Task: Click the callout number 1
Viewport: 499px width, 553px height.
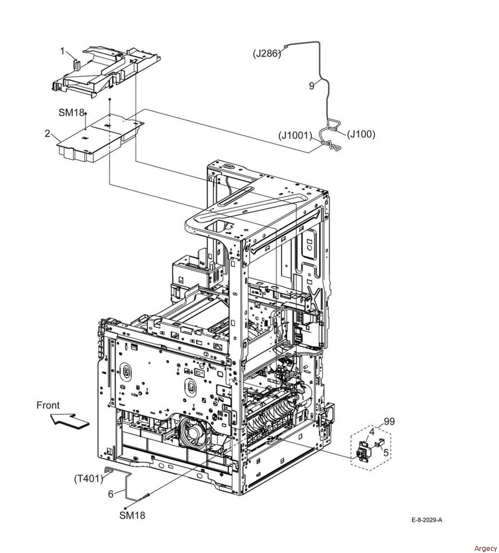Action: [63, 51]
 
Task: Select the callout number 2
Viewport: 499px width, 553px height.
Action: [47, 134]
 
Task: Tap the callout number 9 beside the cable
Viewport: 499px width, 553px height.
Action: [311, 86]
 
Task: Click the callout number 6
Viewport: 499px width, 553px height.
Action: [386, 453]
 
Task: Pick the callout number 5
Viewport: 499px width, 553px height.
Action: [111, 495]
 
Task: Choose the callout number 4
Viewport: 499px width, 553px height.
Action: [372, 431]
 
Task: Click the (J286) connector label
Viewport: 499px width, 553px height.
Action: [267, 54]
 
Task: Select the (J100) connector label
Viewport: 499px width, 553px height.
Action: [361, 134]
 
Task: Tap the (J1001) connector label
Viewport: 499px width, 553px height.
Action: [295, 135]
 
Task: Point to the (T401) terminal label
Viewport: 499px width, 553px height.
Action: [88, 478]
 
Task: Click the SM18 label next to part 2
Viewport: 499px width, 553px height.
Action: [71, 113]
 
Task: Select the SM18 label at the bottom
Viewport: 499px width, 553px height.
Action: [132, 515]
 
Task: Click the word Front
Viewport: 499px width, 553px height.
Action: [48, 406]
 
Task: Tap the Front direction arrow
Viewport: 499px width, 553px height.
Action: [69, 421]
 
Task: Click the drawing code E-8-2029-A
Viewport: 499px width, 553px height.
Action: [427, 520]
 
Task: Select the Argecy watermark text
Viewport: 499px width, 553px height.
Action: [486, 548]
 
